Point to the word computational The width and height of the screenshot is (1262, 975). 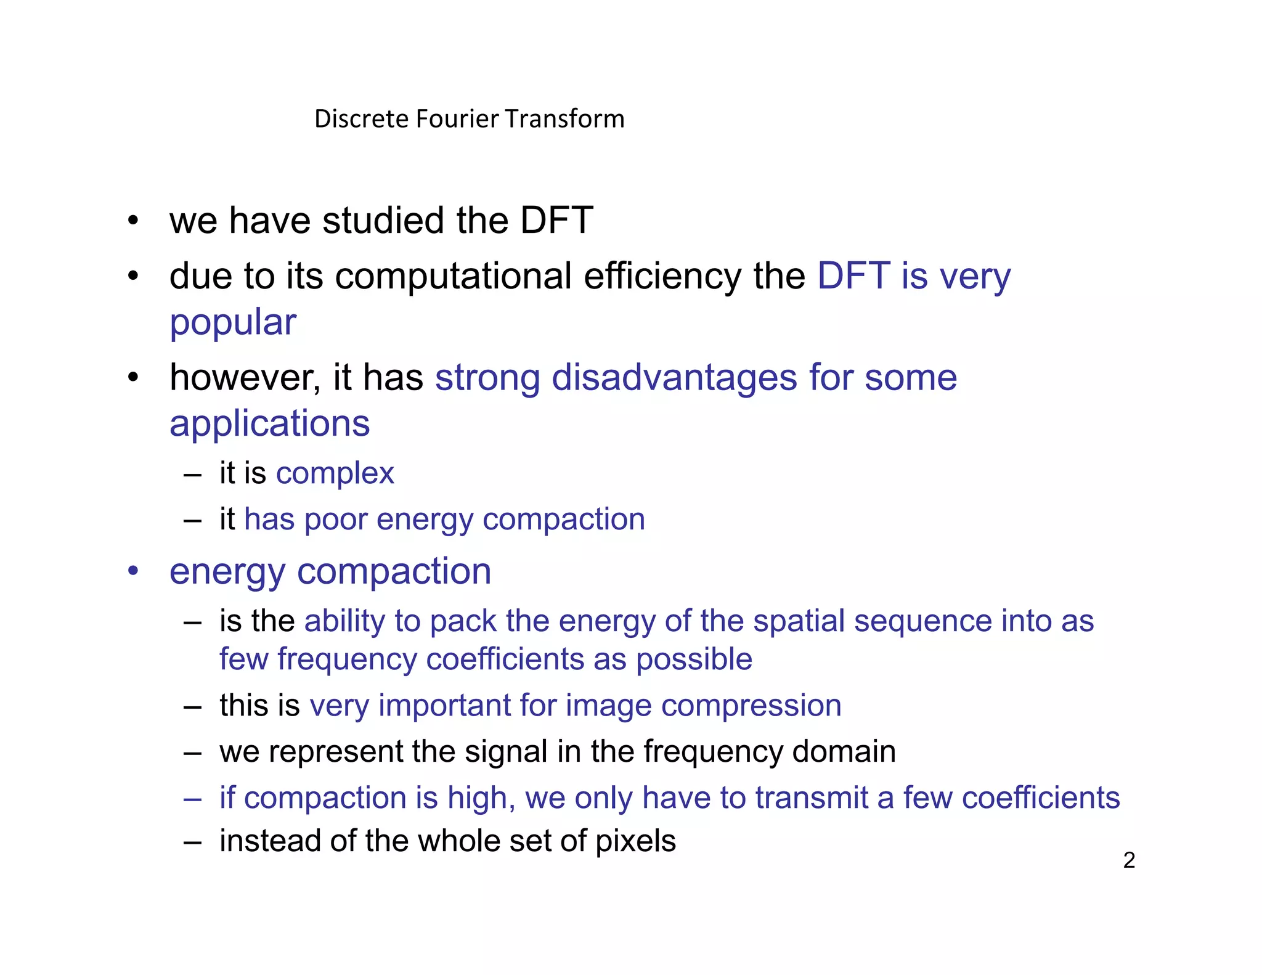(454, 276)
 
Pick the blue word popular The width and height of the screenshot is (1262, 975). (233, 323)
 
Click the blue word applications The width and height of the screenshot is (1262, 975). (270, 424)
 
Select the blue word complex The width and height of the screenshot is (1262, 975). (335, 474)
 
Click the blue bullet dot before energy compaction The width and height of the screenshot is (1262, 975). (133, 571)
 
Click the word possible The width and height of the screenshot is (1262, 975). (694, 659)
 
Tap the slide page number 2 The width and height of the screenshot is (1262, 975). (1129, 860)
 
